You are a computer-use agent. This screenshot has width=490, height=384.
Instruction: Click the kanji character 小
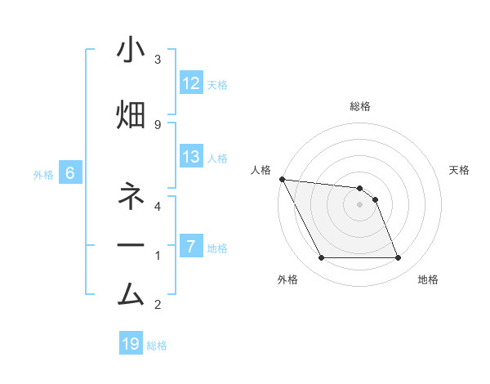tap(131, 52)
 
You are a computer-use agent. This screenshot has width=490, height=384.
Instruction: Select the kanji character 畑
tap(131, 115)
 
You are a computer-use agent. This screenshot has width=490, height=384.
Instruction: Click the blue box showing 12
tap(191, 83)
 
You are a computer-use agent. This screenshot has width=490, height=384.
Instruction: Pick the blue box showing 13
tap(191, 157)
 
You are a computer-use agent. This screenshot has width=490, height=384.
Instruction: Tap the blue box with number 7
tap(191, 246)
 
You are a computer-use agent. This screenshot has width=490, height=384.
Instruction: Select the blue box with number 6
tap(70, 173)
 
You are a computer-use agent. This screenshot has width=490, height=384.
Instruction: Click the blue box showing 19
tap(131, 344)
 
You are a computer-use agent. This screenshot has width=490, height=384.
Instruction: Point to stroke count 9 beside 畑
tap(158, 124)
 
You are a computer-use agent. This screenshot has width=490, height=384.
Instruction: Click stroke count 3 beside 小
tap(158, 60)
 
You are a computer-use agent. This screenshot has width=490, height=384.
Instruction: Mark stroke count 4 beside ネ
tap(158, 206)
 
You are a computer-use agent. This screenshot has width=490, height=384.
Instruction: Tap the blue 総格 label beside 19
tap(157, 345)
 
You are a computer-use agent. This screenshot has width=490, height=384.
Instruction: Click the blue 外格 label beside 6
tap(42, 174)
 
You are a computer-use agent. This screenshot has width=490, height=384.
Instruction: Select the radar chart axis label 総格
tap(359, 106)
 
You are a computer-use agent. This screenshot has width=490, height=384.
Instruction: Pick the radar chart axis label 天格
tap(460, 170)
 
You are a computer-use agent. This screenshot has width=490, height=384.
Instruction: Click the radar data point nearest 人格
tap(282, 179)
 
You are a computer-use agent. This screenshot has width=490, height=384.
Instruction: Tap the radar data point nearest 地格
tap(398, 258)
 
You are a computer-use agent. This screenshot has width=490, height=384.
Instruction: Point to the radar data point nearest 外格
tap(321, 258)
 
